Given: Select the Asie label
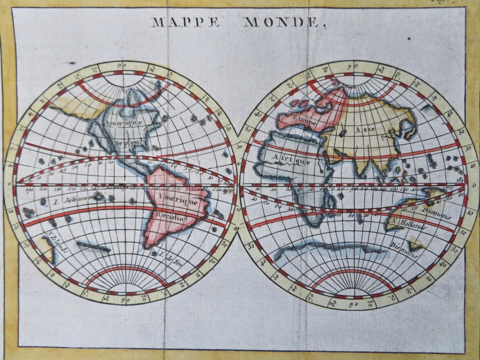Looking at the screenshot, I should pos(365,129).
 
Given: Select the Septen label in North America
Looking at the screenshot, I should pos(124,143).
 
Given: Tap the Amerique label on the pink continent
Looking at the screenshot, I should pos(176,198).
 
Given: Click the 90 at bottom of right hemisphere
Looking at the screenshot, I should pos(352,304).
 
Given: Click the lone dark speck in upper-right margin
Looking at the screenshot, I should pos(409,39).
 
